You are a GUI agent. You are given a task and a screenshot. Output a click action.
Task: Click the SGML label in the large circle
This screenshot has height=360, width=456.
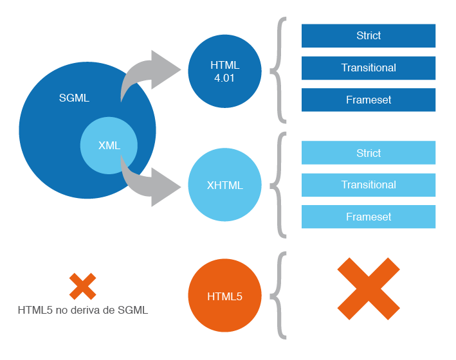[74, 98]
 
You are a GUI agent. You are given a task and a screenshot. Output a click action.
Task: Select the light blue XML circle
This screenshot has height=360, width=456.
[109, 146]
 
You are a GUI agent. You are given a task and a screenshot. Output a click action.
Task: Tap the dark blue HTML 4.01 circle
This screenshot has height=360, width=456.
[224, 71]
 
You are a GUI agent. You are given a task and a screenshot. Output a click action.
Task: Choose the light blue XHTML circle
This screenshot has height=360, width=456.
[224, 185]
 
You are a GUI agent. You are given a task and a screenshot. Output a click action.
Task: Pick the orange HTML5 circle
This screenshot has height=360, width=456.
[224, 296]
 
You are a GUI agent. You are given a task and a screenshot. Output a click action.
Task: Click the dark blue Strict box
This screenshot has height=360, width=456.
[369, 36]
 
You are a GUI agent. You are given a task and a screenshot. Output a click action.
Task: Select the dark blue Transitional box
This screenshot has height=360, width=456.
[369, 68]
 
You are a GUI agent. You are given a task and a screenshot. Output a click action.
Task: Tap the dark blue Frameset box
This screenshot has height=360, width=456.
[369, 100]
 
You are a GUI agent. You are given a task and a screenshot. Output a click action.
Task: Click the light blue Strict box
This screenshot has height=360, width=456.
[369, 153]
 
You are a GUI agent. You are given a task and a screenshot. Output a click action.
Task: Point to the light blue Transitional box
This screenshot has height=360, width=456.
[369, 185]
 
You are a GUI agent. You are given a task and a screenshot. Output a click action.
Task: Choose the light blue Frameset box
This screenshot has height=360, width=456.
[369, 217]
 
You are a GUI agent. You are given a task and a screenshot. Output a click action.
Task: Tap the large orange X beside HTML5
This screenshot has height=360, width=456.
[369, 289]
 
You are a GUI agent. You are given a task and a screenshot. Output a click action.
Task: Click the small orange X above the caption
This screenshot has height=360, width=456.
[83, 287]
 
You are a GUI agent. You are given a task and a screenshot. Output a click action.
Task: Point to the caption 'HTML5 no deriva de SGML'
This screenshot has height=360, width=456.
[83, 310]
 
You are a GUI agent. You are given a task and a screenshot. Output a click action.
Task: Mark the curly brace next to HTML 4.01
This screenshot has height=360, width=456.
[278, 69]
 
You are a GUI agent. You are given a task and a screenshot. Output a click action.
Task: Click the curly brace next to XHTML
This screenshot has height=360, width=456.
[278, 185]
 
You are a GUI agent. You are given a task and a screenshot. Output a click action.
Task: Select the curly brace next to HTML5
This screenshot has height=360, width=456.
[278, 296]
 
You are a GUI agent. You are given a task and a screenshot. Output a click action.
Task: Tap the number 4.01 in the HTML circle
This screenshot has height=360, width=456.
[224, 77]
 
